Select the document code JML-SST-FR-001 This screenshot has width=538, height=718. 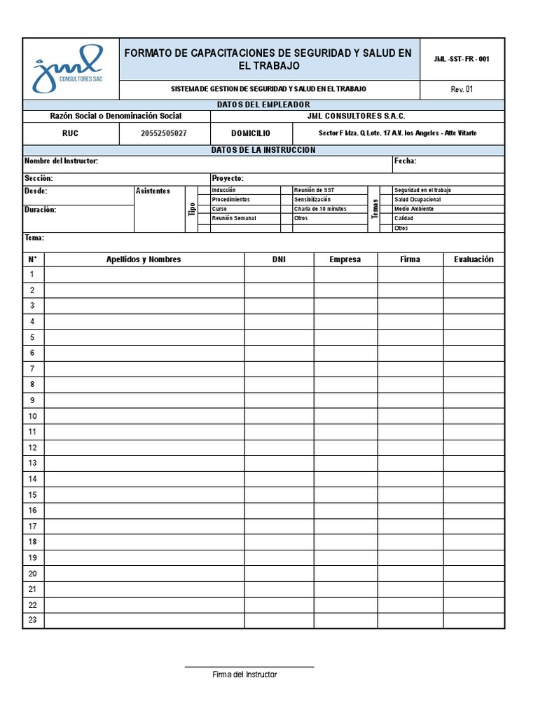pos(462,59)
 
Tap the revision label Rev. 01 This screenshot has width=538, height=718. pos(462,89)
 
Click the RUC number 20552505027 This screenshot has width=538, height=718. pos(165,133)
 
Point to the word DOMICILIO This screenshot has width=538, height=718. pos(251,133)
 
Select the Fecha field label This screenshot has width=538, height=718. pos(406,161)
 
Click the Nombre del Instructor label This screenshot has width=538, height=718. pos(61,161)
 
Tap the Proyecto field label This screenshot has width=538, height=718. pos(227,178)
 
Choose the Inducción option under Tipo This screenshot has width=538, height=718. pos(224,190)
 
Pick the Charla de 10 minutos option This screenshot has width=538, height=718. pos(320,209)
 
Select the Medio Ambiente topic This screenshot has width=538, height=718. pos(414,209)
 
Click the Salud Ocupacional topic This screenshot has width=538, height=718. pos(418,200)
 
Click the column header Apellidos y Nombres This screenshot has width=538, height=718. pos(144,259)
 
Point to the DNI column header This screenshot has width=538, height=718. pos(279,259)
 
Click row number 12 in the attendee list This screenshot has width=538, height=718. pos(32,447)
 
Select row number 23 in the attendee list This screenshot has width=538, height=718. pos(32,620)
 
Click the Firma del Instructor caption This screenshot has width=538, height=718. pos(245,675)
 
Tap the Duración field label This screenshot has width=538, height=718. pos(41,209)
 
